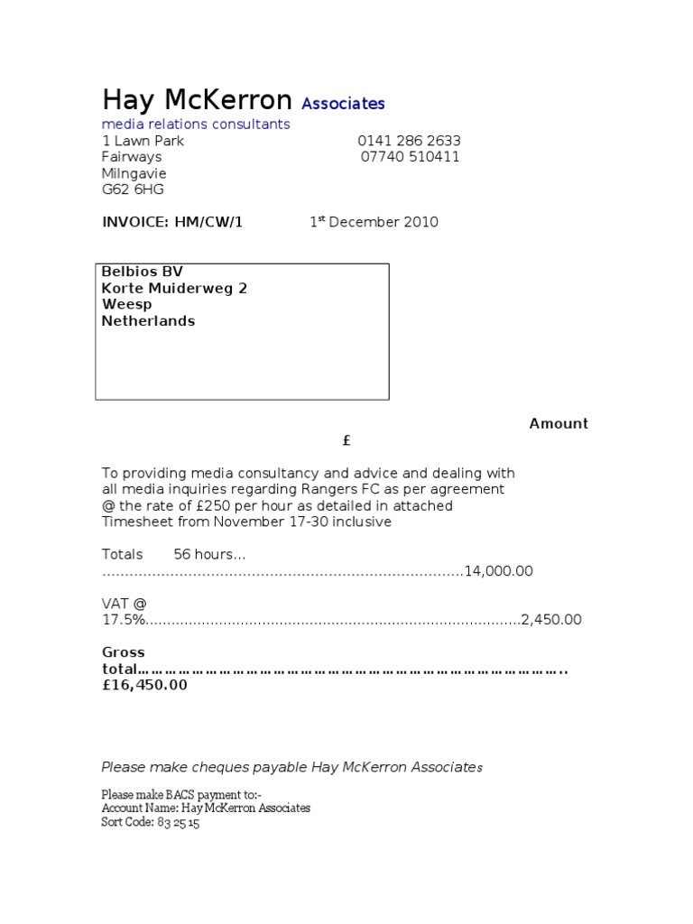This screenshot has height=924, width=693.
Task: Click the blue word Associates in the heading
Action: pos(343,104)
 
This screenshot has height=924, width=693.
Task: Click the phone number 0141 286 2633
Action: pos(409,141)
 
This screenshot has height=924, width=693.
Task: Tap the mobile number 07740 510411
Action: pos(411,157)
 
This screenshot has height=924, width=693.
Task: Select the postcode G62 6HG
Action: pos(133,189)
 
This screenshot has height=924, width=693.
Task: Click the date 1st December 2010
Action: pos(374,222)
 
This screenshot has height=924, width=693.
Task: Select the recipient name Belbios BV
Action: pos(143,272)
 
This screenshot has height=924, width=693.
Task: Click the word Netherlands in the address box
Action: pos(148,321)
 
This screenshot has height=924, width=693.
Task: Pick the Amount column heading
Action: pos(559,424)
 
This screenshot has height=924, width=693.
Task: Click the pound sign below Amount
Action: pos(346,440)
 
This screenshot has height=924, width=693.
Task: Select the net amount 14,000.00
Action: pos(499,571)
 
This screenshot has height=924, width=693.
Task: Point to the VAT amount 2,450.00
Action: pos(551,620)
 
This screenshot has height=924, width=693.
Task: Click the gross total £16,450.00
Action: pos(144,685)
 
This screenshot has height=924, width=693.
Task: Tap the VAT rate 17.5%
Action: pos(123,620)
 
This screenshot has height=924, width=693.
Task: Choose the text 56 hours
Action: pos(208,555)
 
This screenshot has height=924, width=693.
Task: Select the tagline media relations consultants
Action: pos(196,125)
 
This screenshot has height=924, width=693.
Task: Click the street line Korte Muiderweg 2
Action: pos(174,289)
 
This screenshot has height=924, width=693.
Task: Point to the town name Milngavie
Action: pos(134,173)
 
